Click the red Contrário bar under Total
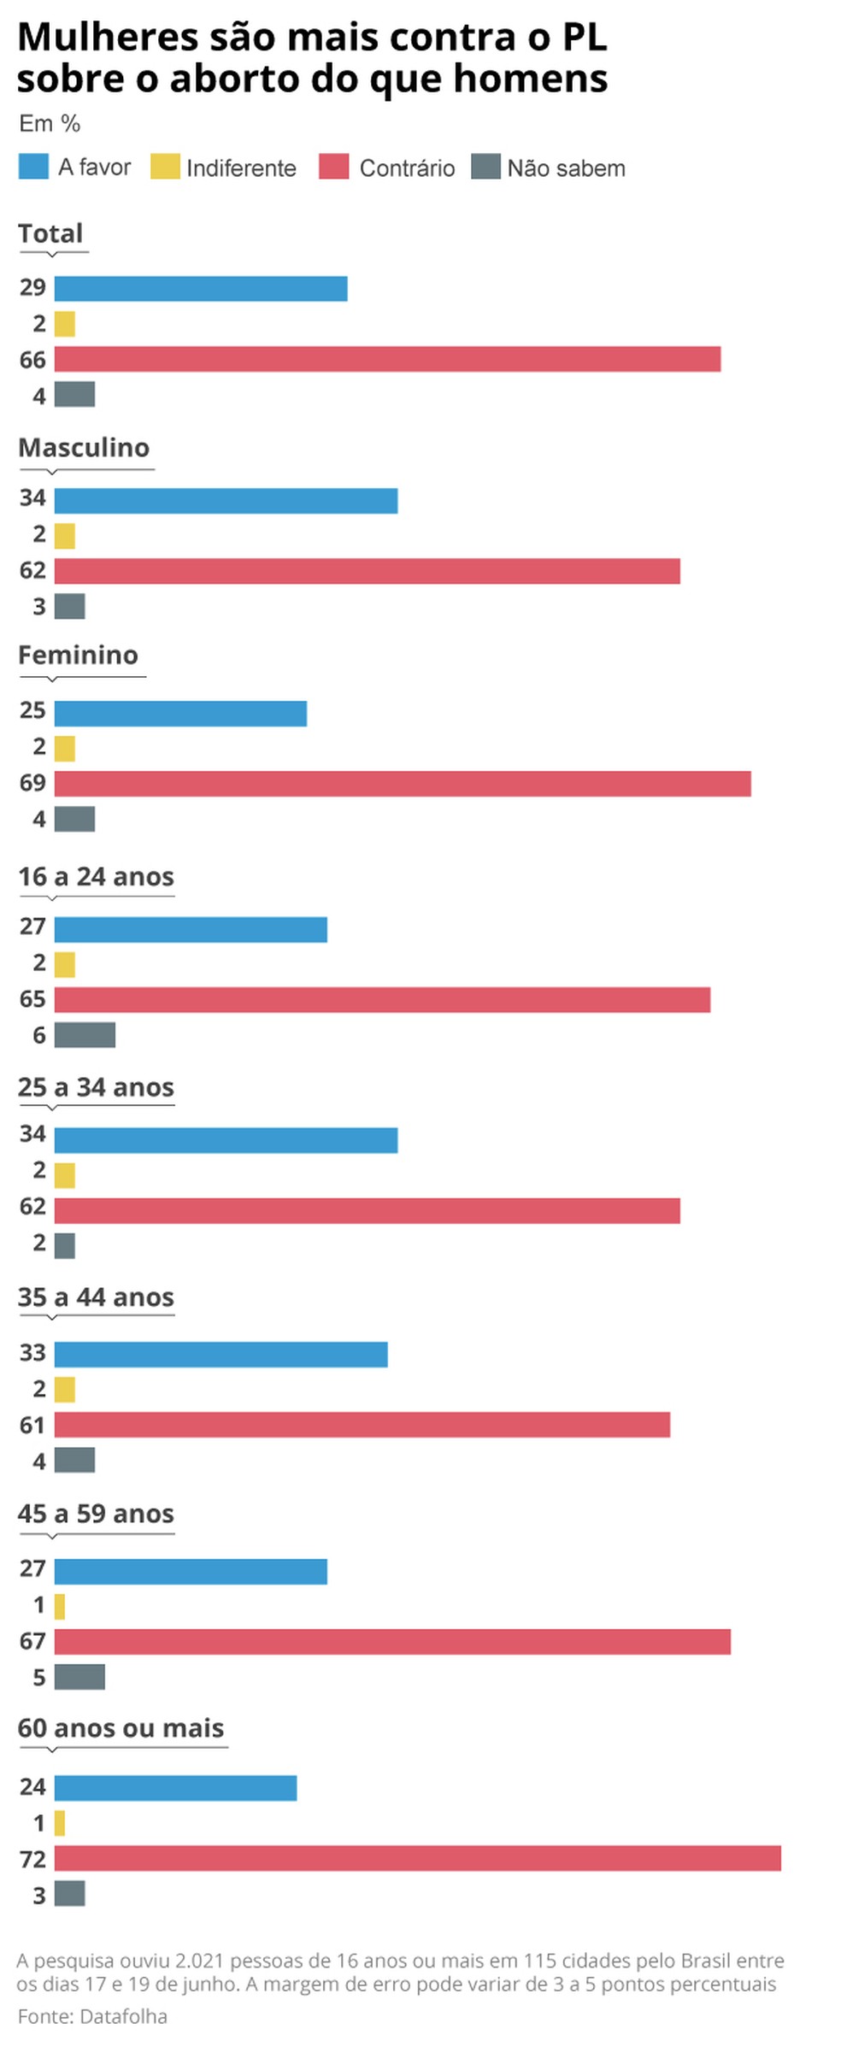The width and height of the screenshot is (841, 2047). [387, 359]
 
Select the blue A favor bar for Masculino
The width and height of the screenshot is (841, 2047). [226, 501]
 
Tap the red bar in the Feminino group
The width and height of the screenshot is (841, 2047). [403, 783]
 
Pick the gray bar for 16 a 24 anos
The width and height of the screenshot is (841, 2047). [85, 1035]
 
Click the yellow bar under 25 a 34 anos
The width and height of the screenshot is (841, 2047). [65, 1175]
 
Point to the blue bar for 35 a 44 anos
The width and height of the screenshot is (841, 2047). [221, 1354]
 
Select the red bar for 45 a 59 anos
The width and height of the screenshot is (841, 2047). [392, 1641]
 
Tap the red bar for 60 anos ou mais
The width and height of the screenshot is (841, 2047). [417, 1858]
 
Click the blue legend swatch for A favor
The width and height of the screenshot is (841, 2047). [33, 167]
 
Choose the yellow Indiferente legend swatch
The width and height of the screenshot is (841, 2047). [165, 167]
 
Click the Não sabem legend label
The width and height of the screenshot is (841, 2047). [566, 168]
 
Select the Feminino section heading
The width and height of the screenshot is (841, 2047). [78, 656]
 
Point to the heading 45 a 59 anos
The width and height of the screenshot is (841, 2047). [96, 1514]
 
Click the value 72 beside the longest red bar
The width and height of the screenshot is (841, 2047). [32, 1859]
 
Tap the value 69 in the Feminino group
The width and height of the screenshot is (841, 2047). [32, 783]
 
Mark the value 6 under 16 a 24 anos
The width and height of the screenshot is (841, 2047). [39, 1036]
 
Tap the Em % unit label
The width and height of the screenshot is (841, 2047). [50, 124]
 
